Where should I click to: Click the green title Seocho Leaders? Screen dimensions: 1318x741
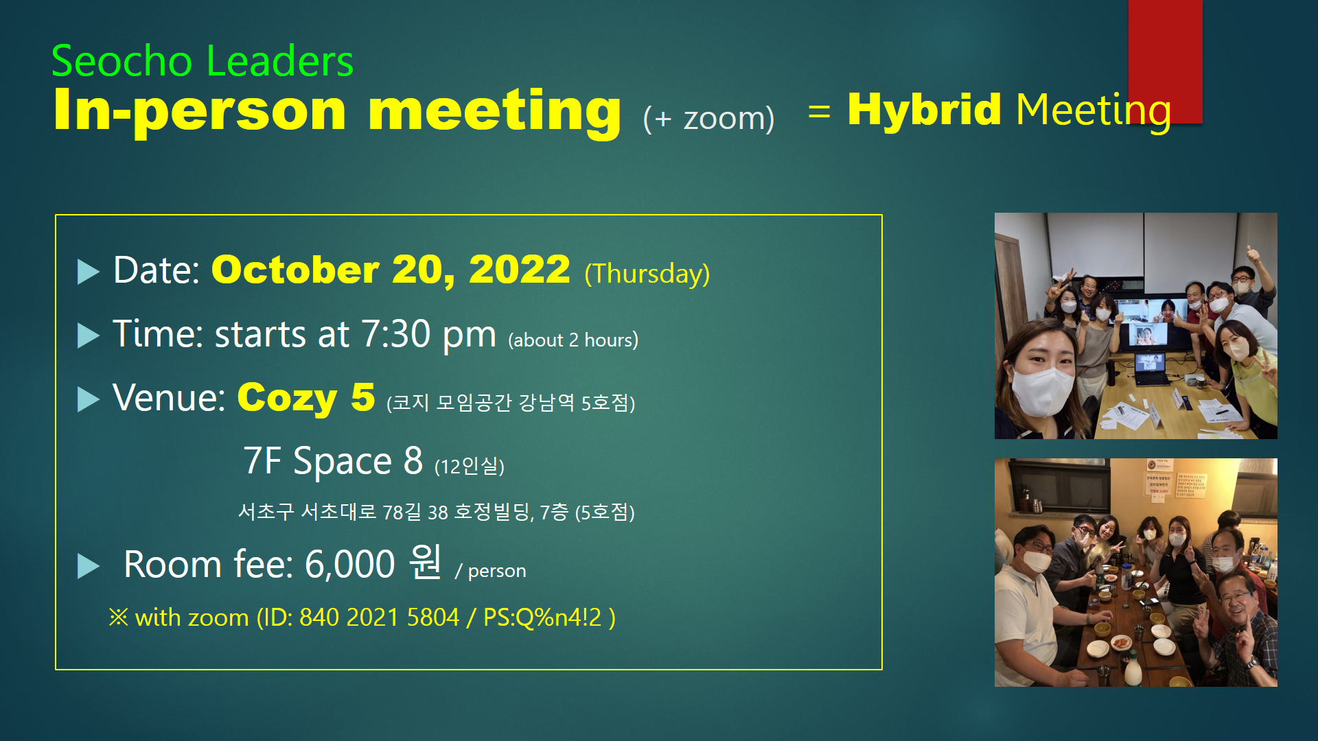203,61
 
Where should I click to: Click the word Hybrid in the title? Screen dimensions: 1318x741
924,110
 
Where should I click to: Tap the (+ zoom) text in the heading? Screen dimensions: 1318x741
708,118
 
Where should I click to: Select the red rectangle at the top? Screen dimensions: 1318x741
1165,62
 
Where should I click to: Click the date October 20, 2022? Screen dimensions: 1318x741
391,270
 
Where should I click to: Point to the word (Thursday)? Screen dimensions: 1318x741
647,273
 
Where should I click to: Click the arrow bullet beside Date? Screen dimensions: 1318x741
89,272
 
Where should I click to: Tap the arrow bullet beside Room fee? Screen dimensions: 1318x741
89,567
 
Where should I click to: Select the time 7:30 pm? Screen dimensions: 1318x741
428,335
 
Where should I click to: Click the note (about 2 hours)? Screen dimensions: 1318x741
573,340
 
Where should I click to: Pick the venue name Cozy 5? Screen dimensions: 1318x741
306,398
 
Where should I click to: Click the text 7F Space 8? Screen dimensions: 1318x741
333,460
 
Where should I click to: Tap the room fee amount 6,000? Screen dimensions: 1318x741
350,565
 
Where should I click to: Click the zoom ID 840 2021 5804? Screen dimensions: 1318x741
379,617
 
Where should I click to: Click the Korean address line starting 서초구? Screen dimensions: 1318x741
436,512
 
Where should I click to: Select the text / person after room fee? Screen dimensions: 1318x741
490,571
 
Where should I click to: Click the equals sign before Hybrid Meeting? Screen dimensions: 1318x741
819,111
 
